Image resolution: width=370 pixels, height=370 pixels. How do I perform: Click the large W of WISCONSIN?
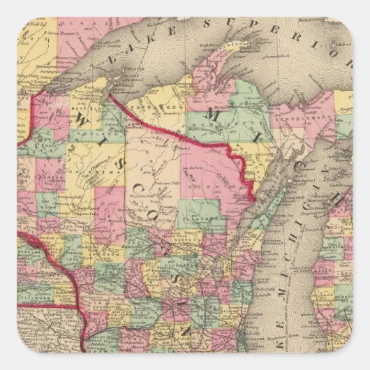(81, 121)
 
